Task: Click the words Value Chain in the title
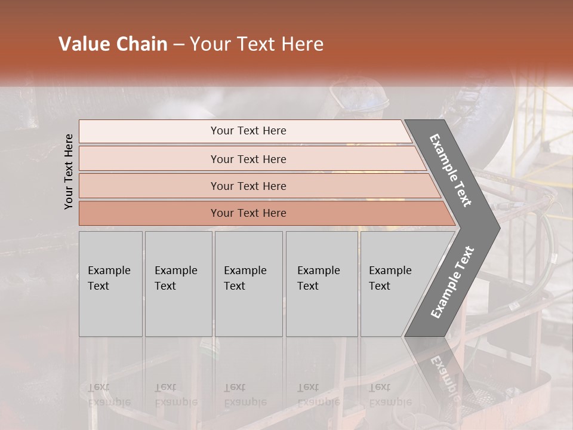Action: tap(113, 44)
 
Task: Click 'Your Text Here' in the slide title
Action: tap(257, 44)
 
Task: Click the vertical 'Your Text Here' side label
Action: tap(69, 172)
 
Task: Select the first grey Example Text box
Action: tap(110, 284)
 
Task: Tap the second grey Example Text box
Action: tap(178, 284)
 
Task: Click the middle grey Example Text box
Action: tap(248, 284)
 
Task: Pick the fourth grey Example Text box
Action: tap(322, 284)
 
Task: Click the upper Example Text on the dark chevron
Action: tap(451, 170)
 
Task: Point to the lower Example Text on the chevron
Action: tap(452, 282)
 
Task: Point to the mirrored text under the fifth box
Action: tap(390, 394)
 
